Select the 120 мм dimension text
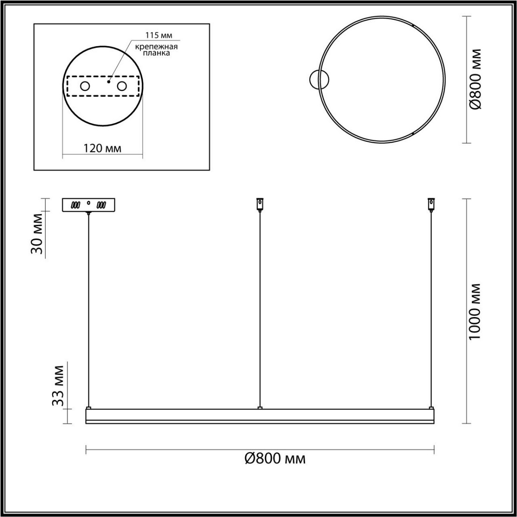103,148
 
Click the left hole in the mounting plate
85,86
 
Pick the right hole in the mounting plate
122,86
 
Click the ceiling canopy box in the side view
88,205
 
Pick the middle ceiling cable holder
260,203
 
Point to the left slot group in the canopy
77,205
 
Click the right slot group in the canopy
102,205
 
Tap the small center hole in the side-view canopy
89,202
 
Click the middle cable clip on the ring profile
260,407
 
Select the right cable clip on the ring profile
430,407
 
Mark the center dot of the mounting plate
109,81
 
